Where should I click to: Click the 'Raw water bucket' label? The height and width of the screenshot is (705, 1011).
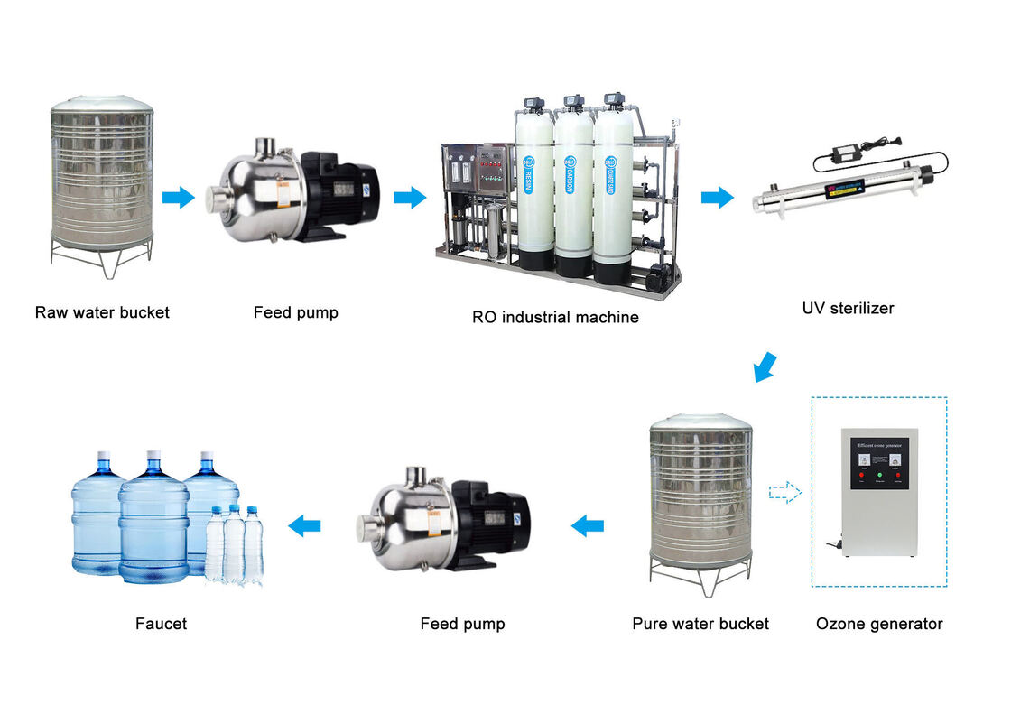pyautogui.click(x=102, y=313)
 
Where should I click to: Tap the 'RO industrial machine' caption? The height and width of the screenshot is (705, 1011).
pyautogui.click(x=555, y=317)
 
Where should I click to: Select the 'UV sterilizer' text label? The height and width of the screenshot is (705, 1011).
pyautogui.click(x=848, y=308)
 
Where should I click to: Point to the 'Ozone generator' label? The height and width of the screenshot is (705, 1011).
pyautogui.click(x=878, y=624)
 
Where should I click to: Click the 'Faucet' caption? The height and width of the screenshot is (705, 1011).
pyautogui.click(x=161, y=624)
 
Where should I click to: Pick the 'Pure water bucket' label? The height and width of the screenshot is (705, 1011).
pyautogui.click(x=700, y=624)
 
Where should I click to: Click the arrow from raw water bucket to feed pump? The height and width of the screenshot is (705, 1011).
pyautogui.click(x=179, y=197)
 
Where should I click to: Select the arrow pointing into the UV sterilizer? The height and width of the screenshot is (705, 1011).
pyautogui.click(x=718, y=197)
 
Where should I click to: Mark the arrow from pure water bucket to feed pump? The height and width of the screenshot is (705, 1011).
pyautogui.click(x=588, y=524)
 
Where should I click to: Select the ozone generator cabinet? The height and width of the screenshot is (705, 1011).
pyautogui.click(x=880, y=492)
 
